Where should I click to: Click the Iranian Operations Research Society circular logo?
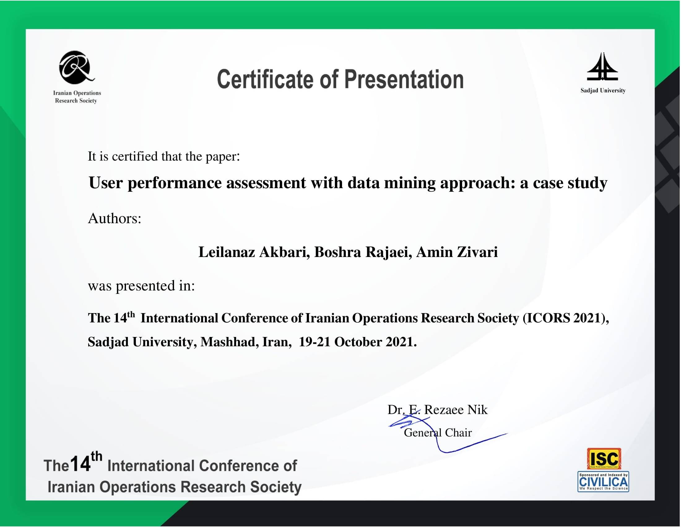click(76, 68)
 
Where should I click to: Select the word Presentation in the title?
click(404, 79)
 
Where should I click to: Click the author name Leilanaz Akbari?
click(254, 252)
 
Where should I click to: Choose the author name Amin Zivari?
click(457, 252)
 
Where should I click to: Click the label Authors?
click(115, 219)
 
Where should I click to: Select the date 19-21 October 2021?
click(357, 342)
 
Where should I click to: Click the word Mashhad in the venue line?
click(229, 343)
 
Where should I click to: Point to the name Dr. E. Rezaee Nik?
click(437, 410)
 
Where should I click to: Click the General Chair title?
click(438, 433)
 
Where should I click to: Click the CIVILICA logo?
click(603, 482)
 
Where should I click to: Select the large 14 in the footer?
click(80, 464)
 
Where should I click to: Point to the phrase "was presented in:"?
click(141, 286)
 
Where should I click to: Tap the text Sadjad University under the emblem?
click(603, 91)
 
